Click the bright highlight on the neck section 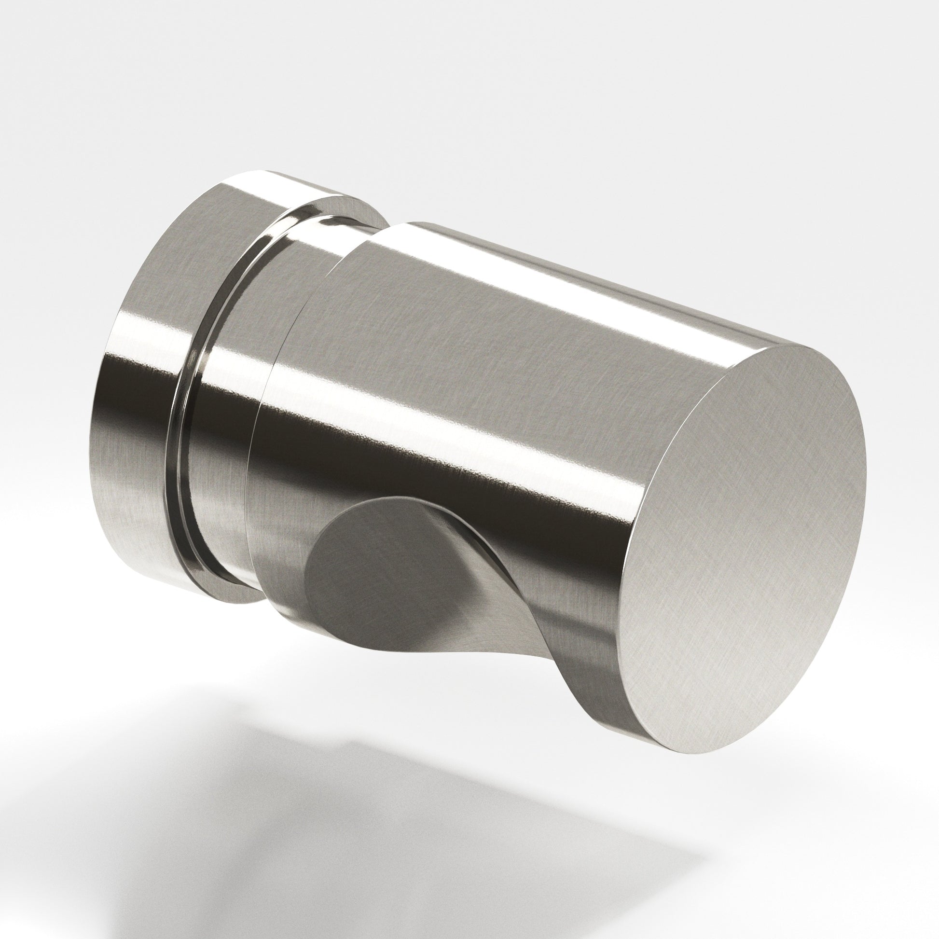tap(311, 243)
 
